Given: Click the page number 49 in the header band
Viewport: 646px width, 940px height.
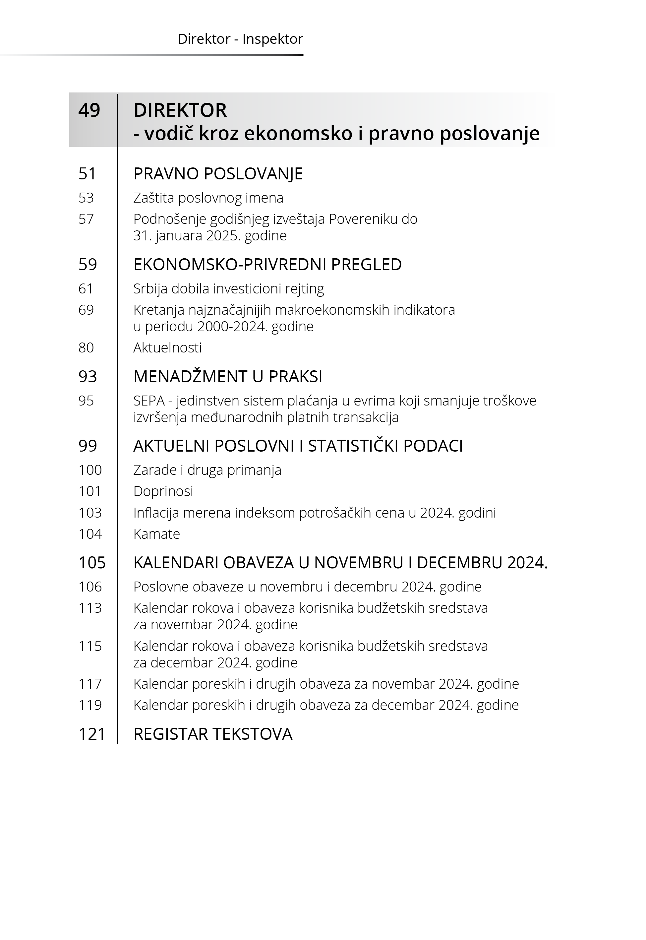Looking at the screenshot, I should pos(89,110).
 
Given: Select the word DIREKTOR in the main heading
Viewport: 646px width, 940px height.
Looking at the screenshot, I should pos(180,110).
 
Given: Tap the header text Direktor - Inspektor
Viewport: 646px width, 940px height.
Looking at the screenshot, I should pos(240,39).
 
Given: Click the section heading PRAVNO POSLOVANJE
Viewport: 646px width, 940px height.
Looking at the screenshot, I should pos(218,174).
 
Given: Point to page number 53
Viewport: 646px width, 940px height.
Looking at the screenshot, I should pos(86,198).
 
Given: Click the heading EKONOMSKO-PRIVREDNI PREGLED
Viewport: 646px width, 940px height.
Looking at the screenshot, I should pos(267,264).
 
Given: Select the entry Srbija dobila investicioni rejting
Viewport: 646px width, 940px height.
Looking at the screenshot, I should pos(228,289).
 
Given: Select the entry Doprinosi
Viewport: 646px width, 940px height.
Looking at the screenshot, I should pos(163,491).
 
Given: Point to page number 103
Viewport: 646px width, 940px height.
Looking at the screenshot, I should pos(90,513).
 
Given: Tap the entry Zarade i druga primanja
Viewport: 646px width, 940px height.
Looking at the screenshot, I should pos(207,470).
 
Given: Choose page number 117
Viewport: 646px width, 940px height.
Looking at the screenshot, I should pos(90,684).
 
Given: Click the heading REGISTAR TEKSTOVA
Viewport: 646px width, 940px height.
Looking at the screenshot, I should pos(212,734).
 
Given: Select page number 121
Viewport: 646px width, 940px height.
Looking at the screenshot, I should pos(92,734).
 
